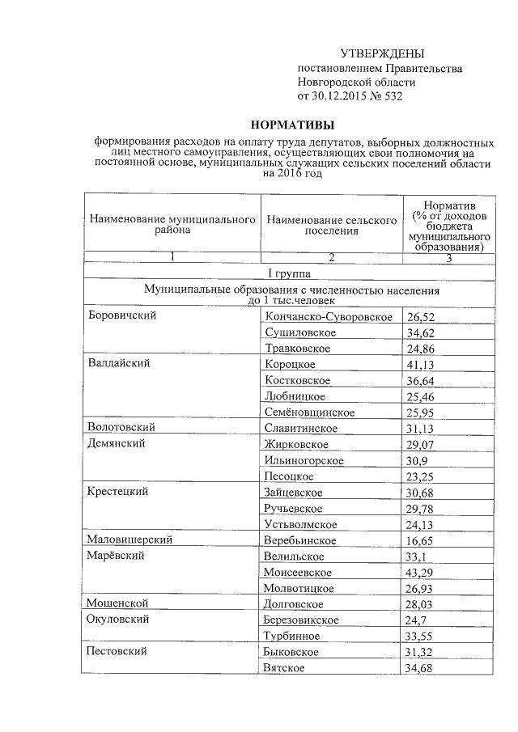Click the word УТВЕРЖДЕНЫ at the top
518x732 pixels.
coord(381,53)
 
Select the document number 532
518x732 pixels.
coord(393,96)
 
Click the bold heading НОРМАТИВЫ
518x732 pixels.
coord(292,125)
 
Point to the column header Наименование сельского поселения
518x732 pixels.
coord(332,224)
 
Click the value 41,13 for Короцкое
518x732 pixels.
coord(421,364)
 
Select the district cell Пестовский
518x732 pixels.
coord(121,652)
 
